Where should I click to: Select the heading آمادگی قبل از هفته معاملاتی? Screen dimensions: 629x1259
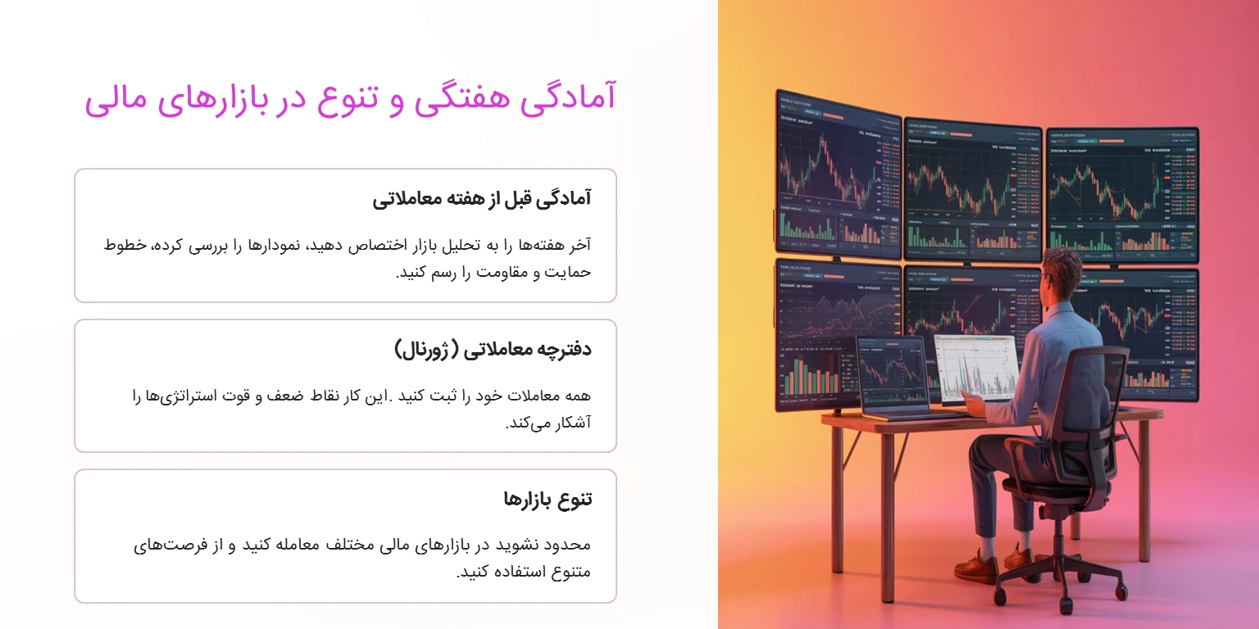pos(481,198)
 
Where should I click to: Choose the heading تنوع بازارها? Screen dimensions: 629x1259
pos(548,499)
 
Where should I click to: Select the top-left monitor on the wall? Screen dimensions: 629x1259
pos(838,172)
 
